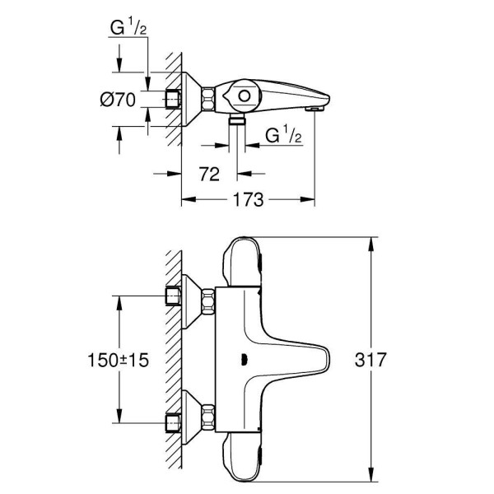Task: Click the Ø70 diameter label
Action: coord(117,100)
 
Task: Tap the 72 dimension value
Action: coord(210,173)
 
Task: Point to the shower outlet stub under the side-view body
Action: coord(238,121)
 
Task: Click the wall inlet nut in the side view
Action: coord(172,100)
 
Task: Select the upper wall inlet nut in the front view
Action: coord(173,296)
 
